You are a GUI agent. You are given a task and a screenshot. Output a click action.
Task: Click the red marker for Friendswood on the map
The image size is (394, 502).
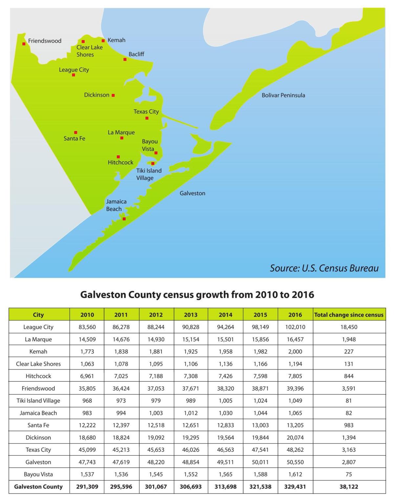(24, 44)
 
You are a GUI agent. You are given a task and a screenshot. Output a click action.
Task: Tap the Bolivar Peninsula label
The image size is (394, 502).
(283, 95)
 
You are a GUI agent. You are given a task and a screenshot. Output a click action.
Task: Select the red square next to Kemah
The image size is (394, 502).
(103, 41)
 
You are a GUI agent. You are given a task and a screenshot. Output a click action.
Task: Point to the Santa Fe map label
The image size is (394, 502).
(74, 139)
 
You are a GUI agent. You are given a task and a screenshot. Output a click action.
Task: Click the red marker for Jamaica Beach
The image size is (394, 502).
(124, 219)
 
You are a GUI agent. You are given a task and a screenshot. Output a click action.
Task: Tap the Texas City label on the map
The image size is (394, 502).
(146, 112)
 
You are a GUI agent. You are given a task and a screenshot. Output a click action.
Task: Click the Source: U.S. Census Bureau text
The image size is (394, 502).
(324, 268)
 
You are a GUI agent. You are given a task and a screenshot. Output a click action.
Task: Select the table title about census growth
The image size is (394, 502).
(197, 295)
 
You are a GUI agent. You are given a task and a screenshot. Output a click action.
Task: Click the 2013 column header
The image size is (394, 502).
(190, 315)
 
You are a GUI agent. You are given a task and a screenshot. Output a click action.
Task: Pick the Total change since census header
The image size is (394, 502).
(349, 315)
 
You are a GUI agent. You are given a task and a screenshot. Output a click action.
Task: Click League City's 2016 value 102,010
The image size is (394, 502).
(295, 327)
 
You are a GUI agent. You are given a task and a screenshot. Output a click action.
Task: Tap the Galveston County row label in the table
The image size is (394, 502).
(38, 487)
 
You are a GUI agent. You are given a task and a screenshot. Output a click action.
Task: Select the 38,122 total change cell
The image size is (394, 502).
(349, 487)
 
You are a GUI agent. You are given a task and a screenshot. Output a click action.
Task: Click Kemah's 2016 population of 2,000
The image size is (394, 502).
(295, 352)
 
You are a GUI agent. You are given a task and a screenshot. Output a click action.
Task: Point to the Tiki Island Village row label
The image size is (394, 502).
(38, 401)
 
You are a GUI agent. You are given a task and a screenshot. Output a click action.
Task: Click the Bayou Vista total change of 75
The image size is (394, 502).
(349, 474)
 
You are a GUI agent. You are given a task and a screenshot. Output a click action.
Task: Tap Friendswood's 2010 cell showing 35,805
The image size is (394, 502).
(87, 388)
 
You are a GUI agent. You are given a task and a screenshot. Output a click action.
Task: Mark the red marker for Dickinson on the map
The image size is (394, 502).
(113, 95)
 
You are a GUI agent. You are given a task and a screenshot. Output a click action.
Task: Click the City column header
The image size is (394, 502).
(38, 315)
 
